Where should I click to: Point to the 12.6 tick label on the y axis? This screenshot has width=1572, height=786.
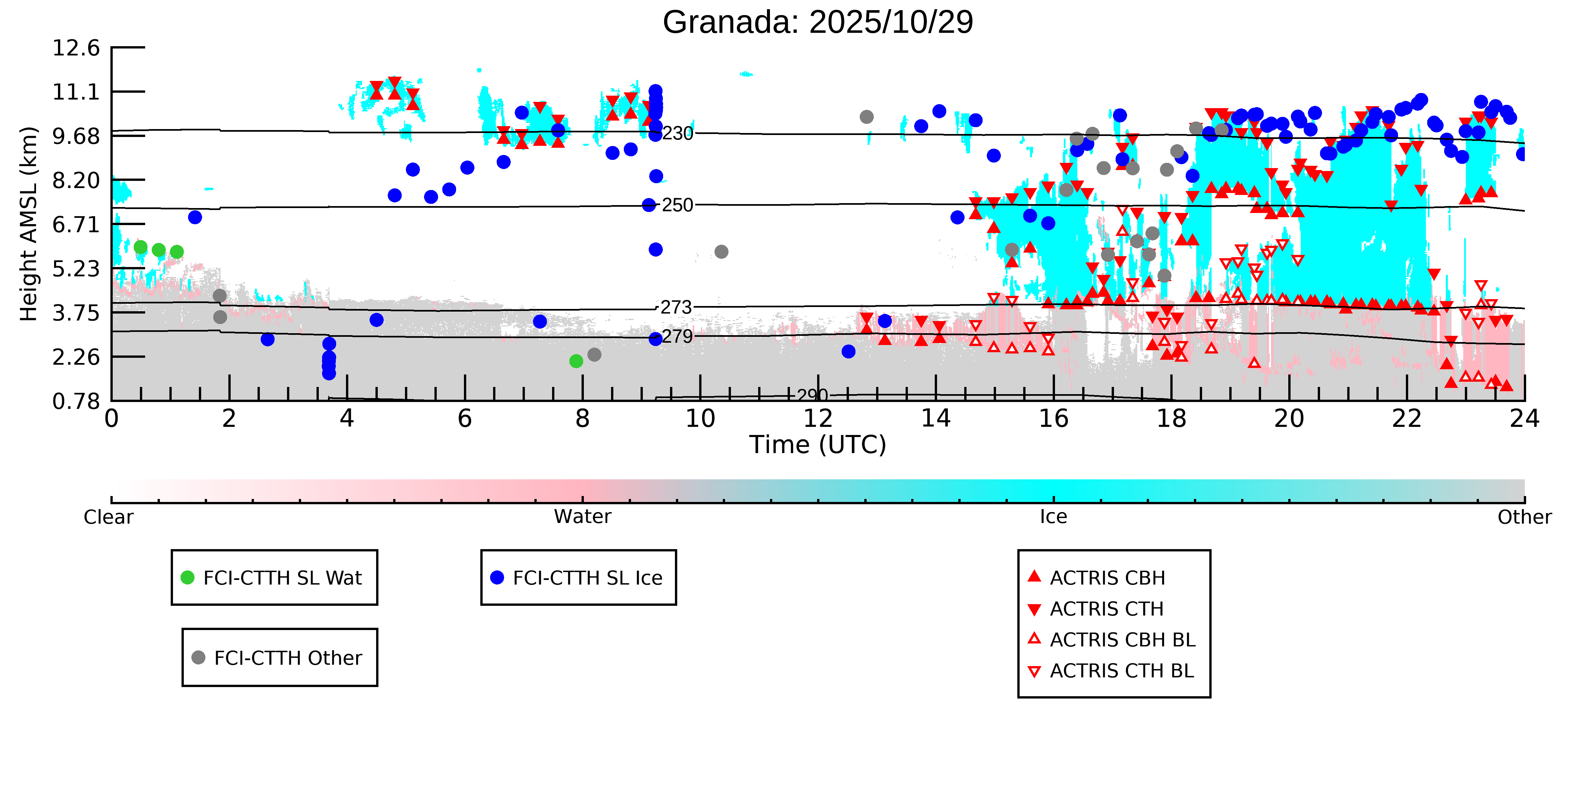(76, 48)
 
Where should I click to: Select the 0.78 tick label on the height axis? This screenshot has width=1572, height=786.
(76, 401)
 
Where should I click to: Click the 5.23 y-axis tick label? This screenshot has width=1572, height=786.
(76, 269)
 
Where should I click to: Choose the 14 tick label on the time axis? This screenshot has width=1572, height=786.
(935, 419)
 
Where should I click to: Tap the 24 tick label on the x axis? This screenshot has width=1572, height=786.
(1524, 419)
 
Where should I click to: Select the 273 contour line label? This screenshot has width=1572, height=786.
(676, 308)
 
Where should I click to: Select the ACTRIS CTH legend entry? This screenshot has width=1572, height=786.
(1106, 609)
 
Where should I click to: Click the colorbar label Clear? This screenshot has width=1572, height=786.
(109, 517)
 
